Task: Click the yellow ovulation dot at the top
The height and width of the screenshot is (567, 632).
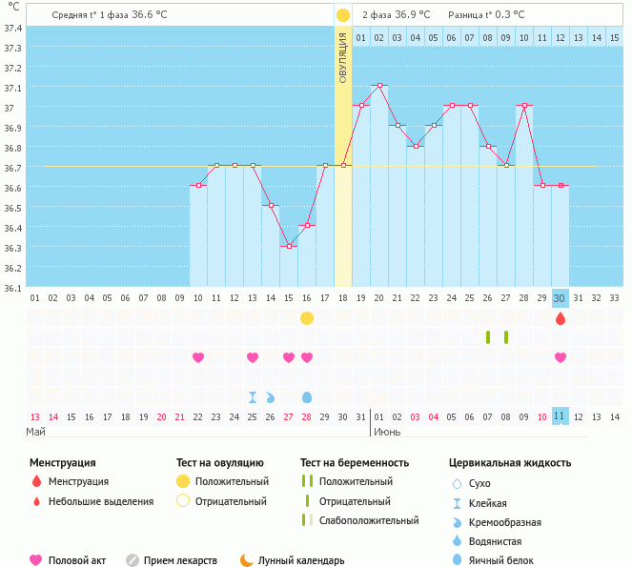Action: [343, 15]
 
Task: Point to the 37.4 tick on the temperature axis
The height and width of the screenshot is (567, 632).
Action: [13, 28]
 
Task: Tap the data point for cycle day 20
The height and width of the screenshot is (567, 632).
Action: [379, 86]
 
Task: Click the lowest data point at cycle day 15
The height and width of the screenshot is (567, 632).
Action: [289, 246]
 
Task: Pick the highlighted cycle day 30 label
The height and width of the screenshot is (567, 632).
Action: [561, 297]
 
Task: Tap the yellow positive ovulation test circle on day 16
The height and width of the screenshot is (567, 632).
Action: [307, 318]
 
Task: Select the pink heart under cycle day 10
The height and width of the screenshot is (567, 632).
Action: [198, 357]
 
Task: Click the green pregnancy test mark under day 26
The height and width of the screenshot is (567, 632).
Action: [488, 337]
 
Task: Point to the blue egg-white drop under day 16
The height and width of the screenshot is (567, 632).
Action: [307, 397]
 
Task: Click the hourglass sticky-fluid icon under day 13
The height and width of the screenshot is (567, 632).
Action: [253, 397]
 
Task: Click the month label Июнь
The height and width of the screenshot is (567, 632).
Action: [386, 432]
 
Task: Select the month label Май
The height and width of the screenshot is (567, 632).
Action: [35, 432]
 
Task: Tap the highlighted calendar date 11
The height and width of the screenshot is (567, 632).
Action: [561, 416]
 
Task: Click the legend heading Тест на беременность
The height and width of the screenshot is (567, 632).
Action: [354, 463]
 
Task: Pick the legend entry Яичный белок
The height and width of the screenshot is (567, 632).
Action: [508, 561]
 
